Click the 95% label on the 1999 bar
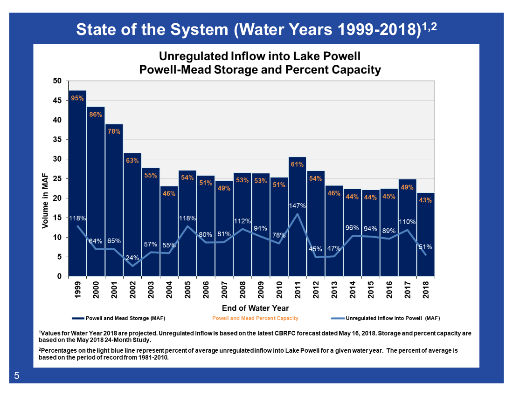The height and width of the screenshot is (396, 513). (x=77, y=98)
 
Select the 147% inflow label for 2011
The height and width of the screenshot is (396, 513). (x=297, y=205)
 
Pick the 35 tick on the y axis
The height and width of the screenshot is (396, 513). (x=57, y=140)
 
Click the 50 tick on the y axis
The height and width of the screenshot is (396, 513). (x=57, y=81)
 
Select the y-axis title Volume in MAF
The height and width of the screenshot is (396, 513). (x=45, y=198)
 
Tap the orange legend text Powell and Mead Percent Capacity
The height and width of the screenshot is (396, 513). (x=255, y=319)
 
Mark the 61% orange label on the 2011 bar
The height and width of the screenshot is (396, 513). (x=297, y=164)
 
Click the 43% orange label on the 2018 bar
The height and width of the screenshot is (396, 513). (x=425, y=200)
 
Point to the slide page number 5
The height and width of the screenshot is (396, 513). (x=17, y=376)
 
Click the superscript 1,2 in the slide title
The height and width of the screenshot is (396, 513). (x=429, y=27)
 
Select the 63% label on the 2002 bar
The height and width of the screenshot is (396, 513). (x=132, y=161)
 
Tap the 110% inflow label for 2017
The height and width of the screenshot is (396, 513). (x=407, y=222)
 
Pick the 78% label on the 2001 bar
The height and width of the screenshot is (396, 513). (x=114, y=132)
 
